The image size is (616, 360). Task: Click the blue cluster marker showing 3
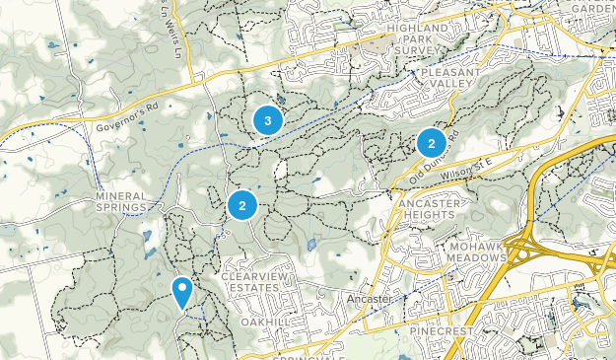point(268,120)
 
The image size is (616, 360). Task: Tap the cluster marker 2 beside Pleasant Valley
point(431,143)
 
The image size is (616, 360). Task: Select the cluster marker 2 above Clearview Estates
point(241,205)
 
